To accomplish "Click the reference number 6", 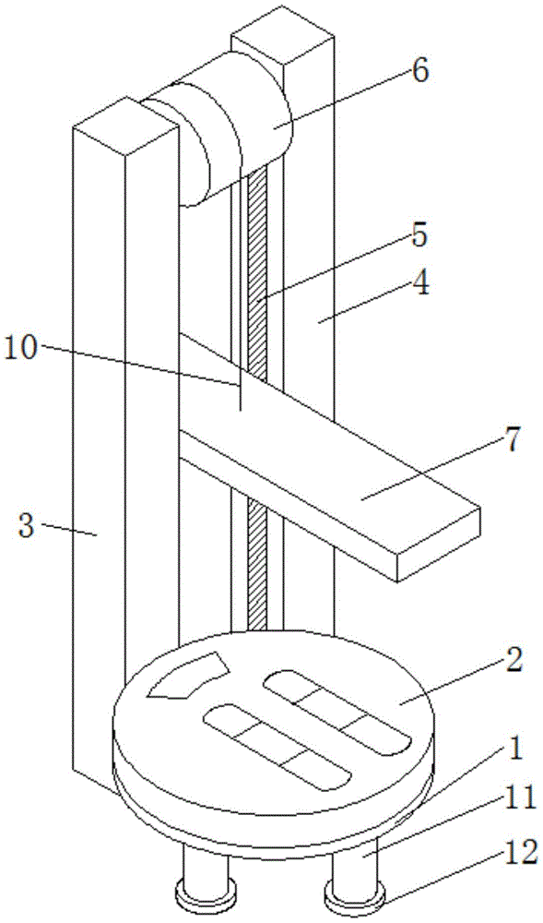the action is [419, 72].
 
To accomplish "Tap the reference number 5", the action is [419, 236].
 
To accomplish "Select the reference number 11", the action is [521, 799].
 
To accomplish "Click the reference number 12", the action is [522, 852].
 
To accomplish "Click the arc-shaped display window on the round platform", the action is [189, 676].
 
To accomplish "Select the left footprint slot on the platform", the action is [277, 747].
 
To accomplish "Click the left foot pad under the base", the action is [206, 891].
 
